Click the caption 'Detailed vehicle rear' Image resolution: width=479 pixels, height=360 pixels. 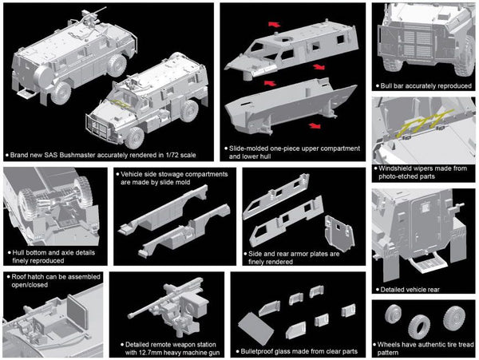click(x=410, y=290)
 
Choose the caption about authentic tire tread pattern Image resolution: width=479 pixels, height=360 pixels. click(x=424, y=346)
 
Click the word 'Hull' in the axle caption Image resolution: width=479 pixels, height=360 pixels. click(x=19, y=250)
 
